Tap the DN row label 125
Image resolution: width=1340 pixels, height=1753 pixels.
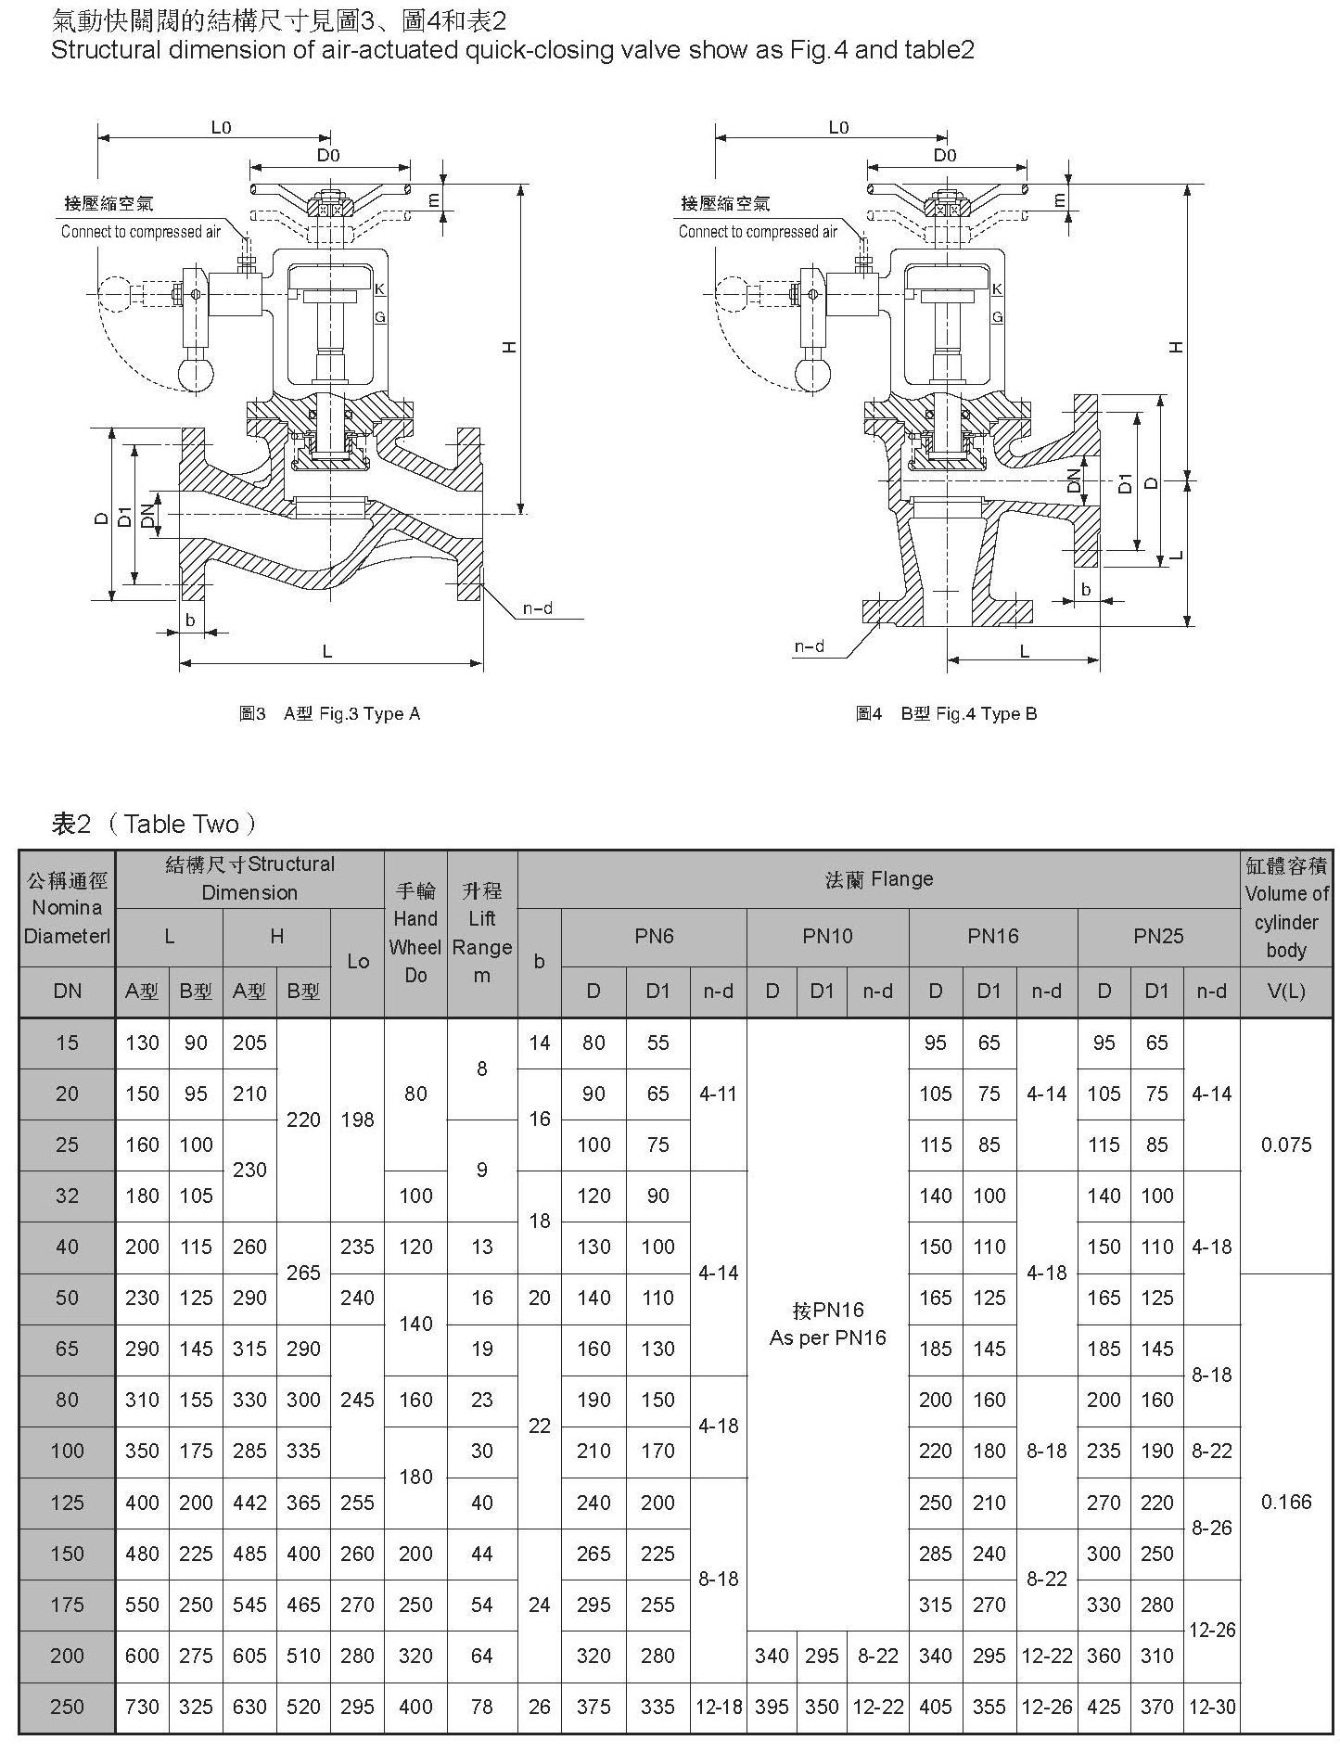pyautogui.click(x=67, y=1502)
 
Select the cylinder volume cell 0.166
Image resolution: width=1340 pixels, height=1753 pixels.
pyautogui.click(x=1286, y=1502)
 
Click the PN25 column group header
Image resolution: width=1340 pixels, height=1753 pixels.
pyautogui.click(x=1158, y=936)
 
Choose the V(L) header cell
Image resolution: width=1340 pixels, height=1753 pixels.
pyautogui.click(x=1286, y=992)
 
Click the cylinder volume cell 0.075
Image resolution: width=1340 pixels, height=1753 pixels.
pyautogui.click(x=1286, y=1145)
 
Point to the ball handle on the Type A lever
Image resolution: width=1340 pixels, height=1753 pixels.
pyautogui.click(x=196, y=373)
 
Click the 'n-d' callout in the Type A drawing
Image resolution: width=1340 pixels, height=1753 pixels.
pyautogui.click(x=537, y=608)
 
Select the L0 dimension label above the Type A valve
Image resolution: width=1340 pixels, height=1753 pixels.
pyautogui.click(x=221, y=127)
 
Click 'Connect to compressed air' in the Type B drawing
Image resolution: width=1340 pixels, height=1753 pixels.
pyautogui.click(x=758, y=232)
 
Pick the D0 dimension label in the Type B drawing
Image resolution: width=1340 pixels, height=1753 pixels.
pyautogui.click(x=945, y=155)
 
